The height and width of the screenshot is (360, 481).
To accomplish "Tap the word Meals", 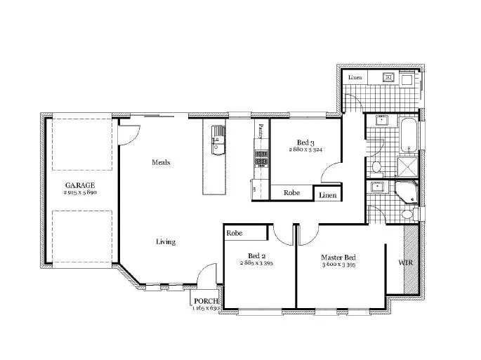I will click(x=161, y=162).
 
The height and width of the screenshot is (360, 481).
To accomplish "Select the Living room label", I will click(x=165, y=242).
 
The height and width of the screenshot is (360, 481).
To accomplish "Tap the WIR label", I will click(x=407, y=262).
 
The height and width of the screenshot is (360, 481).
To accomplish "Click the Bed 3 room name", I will click(x=305, y=142).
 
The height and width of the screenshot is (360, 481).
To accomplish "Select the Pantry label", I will click(x=260, y=131).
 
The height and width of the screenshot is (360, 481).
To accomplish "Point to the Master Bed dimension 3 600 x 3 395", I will click(x=340, y=265).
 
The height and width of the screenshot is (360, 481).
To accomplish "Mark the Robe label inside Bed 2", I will click(x=234, y=232).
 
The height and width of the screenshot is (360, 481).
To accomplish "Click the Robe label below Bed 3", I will click(x=291, y=192).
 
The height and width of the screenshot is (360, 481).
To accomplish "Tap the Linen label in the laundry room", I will click(x=353, y=76).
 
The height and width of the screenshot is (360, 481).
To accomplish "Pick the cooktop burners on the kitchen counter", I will click(x=261, y=161).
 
